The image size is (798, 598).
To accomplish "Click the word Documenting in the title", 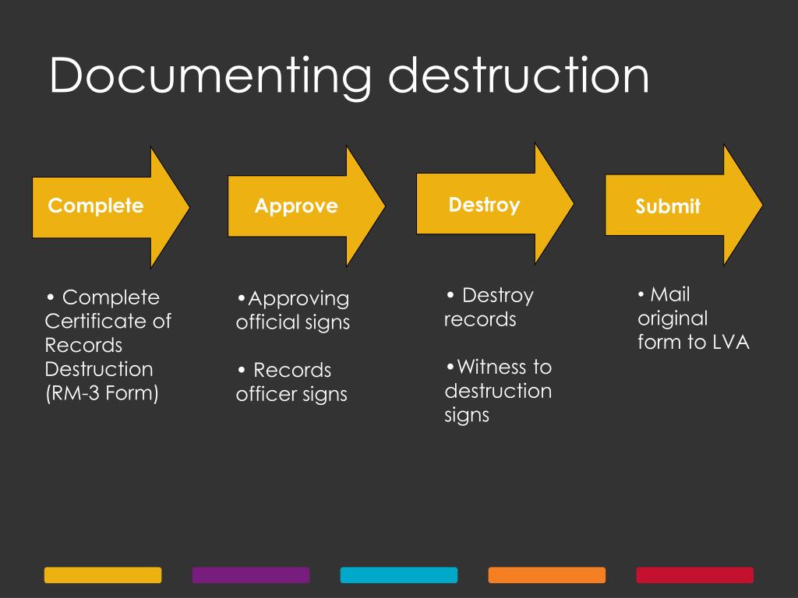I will [210, 77].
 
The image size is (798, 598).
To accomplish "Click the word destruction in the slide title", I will [518, 76].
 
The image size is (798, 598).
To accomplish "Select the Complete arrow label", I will [96, 206].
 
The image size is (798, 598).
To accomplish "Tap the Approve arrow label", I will [296, 206].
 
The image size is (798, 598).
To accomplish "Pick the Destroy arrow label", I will [484, 205].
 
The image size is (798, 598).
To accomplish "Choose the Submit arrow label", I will [668, 206].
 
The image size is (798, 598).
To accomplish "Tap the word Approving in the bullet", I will [298, 298].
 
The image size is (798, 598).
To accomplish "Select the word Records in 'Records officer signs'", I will [292, 370].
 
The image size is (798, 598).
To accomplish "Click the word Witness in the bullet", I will [492, 367].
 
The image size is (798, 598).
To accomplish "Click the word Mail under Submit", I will [670, 294].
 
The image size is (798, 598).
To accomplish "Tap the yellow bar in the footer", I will [103, 575].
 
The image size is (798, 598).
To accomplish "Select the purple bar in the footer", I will [251, 575].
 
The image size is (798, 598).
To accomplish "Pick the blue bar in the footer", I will [399, 575].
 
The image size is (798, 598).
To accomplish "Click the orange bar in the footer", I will [547, 575].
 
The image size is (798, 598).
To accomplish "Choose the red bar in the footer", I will [695, 575].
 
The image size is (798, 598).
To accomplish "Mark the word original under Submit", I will [673, 318].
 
